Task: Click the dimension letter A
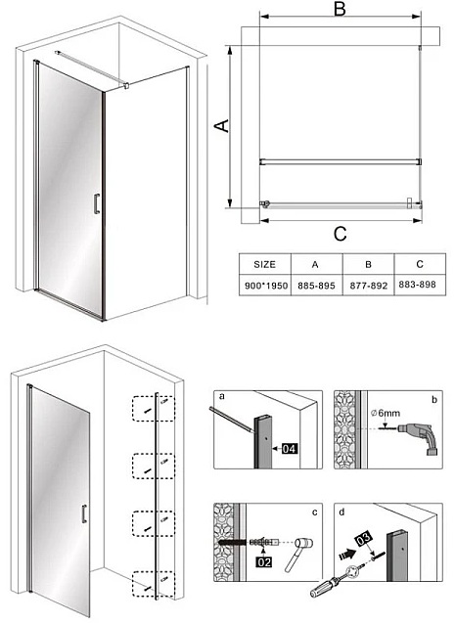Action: coord(222,125)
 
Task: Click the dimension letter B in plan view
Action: coord(340,12)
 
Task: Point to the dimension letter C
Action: coord(340,234)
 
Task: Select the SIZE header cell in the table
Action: coord(264,264)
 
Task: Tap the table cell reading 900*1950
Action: coord(264,285)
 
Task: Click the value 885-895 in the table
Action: coord(314,285)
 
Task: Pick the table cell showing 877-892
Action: coord(367,285)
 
